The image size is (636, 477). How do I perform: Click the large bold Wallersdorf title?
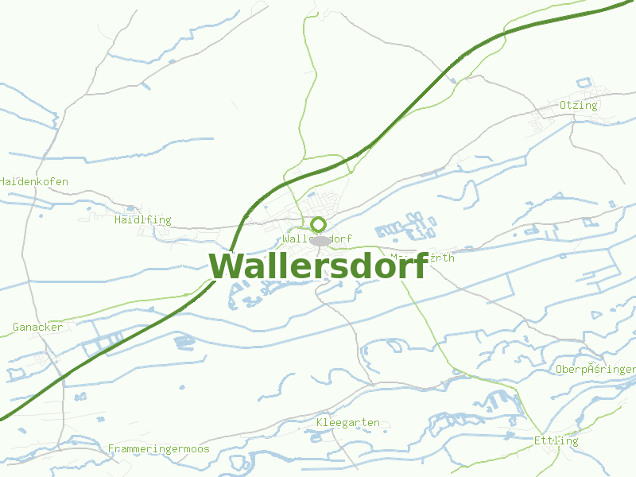pyautogui.click(x=318, y=266)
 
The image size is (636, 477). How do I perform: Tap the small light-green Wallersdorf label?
pyautogui.click(x=317, y=238)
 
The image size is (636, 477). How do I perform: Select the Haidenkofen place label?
pyautogui.click(x=33, y=182)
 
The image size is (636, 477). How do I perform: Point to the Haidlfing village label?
pyautogui.click(x=142, y=220)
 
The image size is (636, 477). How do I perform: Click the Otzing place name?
pyautogui.click(x=578, y=106)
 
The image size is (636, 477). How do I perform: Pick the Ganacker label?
pyautogui.click(x=37, y=328)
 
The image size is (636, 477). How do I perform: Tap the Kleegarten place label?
pyautogui.click(x=347, y=423)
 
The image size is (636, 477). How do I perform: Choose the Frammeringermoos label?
pyautogui.click(x=158, y=449)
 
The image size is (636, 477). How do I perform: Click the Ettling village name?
pyautogui.click(x=556, y=441)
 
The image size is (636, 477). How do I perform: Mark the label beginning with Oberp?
pyautogui.click(x=595, y=370)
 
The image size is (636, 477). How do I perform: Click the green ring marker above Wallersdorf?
pyautogui.click(x=319, y=224)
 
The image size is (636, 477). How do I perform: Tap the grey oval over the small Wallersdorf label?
pyautogui.click(x=320, y=240)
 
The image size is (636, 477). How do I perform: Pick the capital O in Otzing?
pyautogui.click(x=563, y=106)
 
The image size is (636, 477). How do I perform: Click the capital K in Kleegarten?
pyautogui.click(x=320, y=423)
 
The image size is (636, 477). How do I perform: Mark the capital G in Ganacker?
pyautogui.click(x=16, y=328)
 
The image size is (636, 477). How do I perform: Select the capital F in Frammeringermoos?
pyautogui.click(x=111, y=449)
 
